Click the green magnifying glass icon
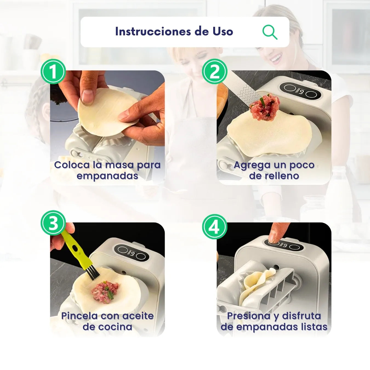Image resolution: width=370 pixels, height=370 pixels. tap(270, 32)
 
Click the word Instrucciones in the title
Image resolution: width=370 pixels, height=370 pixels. tap(153, 32)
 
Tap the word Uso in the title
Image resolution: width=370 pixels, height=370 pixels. tap(223, 32)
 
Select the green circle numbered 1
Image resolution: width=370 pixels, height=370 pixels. tap(53, 72)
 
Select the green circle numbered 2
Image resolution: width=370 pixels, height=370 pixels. tap(215, 72)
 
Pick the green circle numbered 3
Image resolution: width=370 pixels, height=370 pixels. tap(53, 223)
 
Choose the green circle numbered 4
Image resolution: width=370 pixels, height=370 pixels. tap(215, 227)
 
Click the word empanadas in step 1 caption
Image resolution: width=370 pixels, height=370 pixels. tap(107, 176)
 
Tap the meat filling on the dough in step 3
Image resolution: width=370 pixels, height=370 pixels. tap(105, 292)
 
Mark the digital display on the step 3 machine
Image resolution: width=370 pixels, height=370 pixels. tap(133, 254)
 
